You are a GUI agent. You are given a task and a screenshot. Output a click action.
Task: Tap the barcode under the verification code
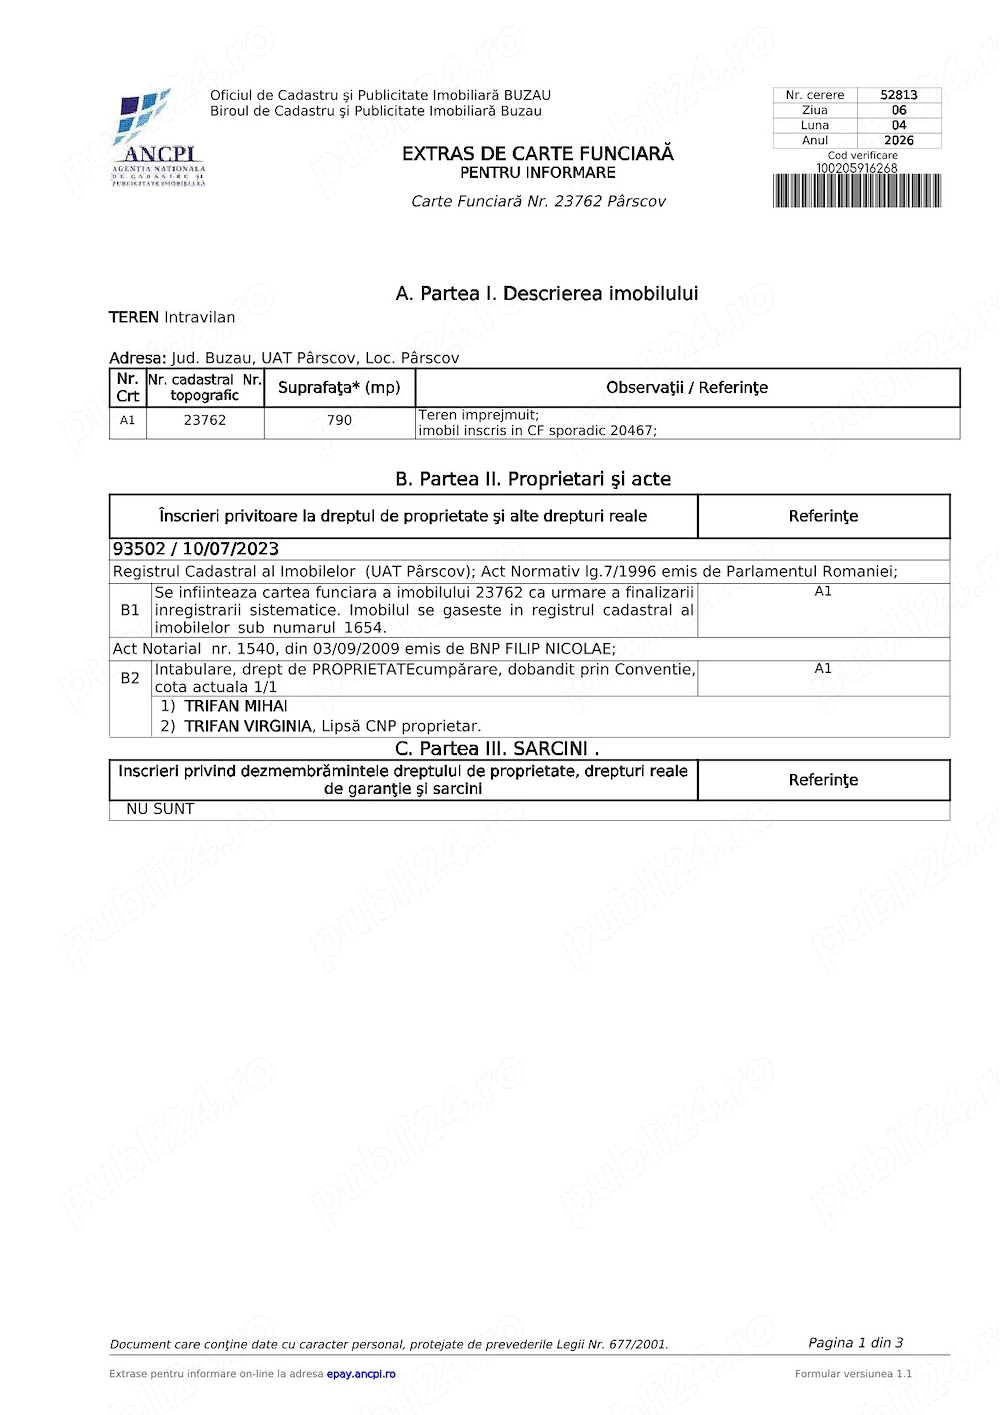856,191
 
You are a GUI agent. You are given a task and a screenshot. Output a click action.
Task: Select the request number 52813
898,95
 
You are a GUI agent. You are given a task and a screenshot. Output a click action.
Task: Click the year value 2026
898,141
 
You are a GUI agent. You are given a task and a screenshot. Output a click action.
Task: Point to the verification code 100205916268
856,168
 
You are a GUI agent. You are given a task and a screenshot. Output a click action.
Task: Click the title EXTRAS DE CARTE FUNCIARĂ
537,153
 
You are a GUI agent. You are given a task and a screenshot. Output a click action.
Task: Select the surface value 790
339,421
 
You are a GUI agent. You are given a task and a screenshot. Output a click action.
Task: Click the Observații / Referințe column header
686,388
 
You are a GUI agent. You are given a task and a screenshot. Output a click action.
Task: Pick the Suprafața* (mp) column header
339,388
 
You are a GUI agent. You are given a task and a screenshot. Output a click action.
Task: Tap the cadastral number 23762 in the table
204,421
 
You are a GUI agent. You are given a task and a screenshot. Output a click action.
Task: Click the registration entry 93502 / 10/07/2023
196,549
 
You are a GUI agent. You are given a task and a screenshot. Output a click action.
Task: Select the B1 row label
130,610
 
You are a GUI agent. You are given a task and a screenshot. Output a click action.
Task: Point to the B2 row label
130,678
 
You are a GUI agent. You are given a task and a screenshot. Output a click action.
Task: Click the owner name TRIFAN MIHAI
236,706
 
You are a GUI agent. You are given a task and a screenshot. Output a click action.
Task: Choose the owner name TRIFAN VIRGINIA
248,726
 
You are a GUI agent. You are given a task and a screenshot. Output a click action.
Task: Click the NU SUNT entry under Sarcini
160,809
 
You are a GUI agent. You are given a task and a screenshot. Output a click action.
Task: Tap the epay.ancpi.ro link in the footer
360,1374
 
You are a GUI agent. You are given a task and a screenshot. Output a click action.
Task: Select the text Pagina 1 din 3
855,1343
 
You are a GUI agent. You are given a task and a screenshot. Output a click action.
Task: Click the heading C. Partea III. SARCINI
497,749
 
